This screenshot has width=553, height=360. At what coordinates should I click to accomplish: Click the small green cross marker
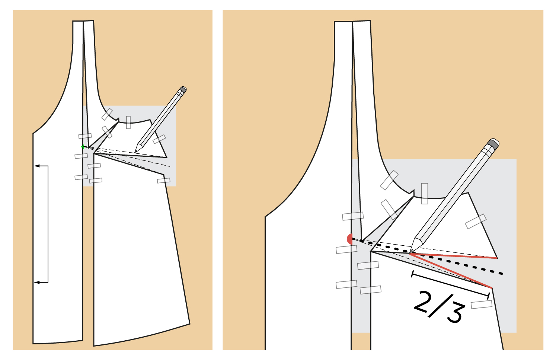coord(83,147)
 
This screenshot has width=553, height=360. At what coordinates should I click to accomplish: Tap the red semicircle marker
coord(349,239)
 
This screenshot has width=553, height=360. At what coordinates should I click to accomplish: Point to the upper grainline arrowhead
coord(37,166)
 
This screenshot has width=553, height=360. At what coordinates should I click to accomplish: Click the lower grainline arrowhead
coord(37,282)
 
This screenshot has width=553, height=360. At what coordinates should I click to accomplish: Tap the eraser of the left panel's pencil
coord(183,89)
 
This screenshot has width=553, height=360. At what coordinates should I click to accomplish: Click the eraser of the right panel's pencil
coord(493,143)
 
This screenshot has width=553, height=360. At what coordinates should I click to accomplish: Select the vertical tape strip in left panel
coord(128,122)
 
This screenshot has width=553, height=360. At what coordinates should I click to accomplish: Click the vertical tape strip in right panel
coord(425,194)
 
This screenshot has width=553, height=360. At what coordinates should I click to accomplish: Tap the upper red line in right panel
coord(454,256)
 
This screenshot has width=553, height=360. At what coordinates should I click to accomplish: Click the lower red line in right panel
coord(451,271)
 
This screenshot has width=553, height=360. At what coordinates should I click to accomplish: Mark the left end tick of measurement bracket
coord(413,274)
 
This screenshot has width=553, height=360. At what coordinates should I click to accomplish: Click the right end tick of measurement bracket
coord(489,296)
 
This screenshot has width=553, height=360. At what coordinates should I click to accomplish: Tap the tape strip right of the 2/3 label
coord(482,304)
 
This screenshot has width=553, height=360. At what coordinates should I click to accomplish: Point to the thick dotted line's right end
coord(502,274)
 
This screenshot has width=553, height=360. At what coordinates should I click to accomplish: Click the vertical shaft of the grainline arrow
coord(48,224)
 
